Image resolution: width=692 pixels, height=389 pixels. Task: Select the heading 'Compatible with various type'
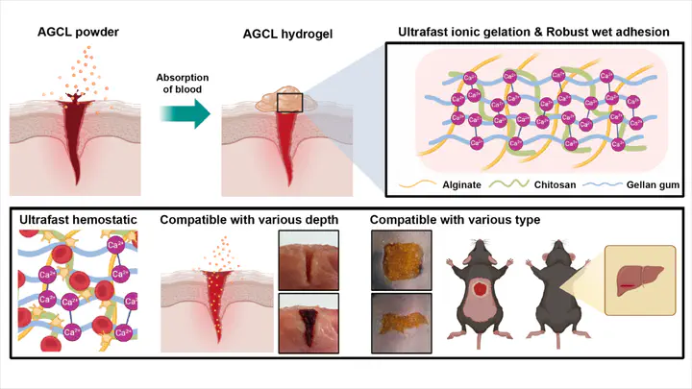tap(456, 220)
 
